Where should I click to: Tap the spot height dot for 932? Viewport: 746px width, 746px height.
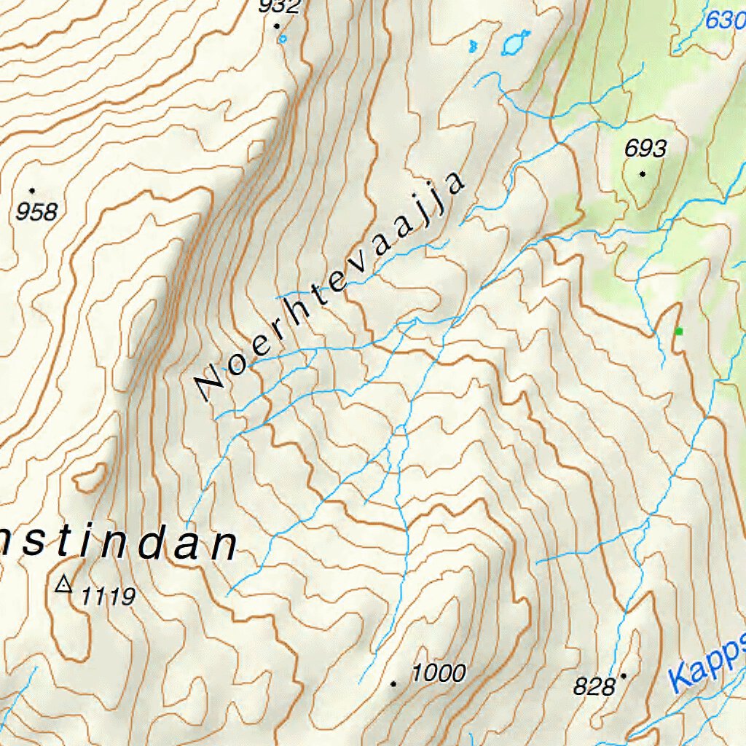click(x=277, y=26)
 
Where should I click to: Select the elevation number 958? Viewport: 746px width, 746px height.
click(x=36, y=212)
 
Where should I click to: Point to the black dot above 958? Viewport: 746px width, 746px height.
click(x=32, y=191)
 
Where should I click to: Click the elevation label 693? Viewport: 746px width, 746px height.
click(x=645, y=149)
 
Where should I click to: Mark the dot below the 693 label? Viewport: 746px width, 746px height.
click(x=643, y=173)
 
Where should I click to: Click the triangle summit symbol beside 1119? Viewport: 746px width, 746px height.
click(x=64, y=584)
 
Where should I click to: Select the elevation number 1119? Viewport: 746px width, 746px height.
click(x=108, y=597)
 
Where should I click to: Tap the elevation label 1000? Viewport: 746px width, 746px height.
click(x=438, y=672)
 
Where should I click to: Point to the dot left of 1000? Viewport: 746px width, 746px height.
click(x=393, y=683)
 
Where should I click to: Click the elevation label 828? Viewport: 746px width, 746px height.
click(x=594, y=686)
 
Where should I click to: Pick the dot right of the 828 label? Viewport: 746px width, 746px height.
click(x=624, y=676)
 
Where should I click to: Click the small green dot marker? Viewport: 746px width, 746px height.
click(x=679, y=331)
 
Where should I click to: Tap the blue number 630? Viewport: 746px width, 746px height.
click(x=725, y=20)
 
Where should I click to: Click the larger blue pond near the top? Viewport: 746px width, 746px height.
click(x=514, y=44)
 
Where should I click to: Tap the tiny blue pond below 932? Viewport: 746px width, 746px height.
click(x=283, y=39)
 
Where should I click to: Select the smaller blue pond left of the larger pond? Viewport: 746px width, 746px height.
click(x=473, y=46)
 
